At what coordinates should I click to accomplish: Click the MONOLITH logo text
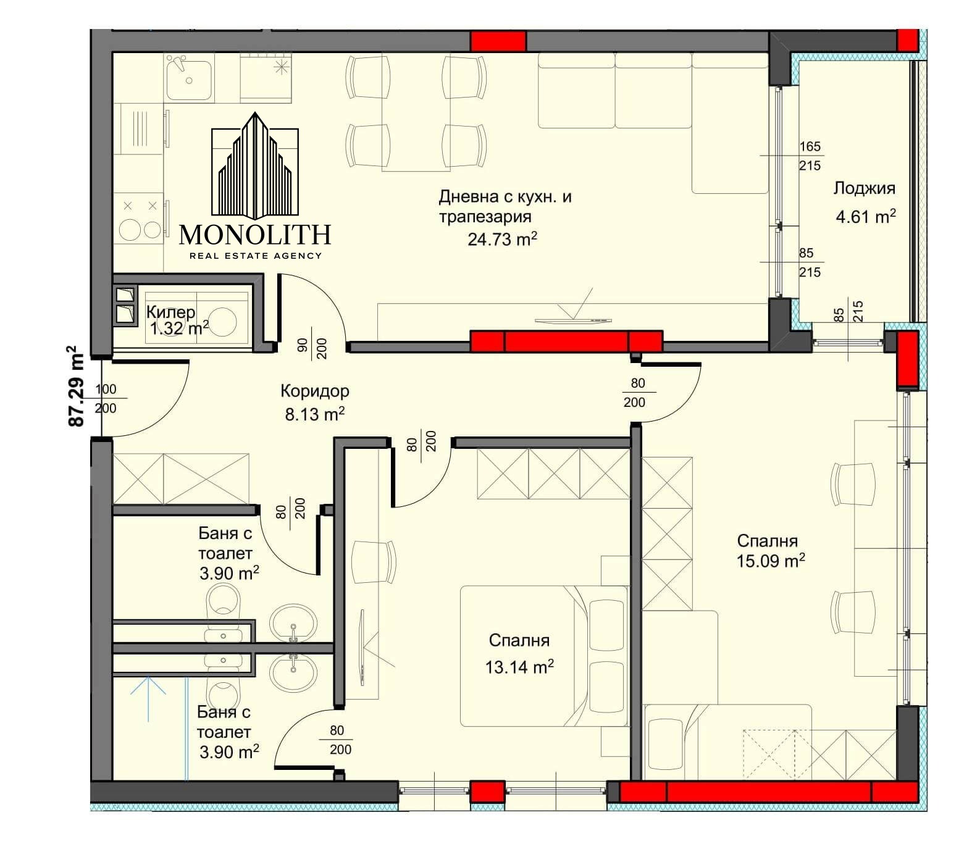click(255, 234)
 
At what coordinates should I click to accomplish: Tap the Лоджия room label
click(865, 188)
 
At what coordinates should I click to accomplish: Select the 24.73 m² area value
click(502, 238)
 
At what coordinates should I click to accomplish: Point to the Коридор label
click(315, 391)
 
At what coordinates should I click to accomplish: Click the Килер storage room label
click(170, 312)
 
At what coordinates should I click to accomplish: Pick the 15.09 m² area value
click(771, 561)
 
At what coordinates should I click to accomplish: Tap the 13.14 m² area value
click(519, 667)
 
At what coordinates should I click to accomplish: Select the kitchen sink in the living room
click(189, 77)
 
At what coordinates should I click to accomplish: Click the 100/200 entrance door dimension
click(106, 398)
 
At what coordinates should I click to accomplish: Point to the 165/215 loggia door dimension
click(810, 156)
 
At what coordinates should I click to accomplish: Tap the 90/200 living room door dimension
click(312, 349)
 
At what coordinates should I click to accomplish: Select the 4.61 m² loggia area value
click(866, 217)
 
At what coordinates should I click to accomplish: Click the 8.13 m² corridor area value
click(314, 414)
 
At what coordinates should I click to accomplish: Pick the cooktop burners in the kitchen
click(140, 220)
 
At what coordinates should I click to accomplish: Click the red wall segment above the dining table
click(498, 41)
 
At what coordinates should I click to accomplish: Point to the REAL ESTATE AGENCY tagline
click(255, 256)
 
